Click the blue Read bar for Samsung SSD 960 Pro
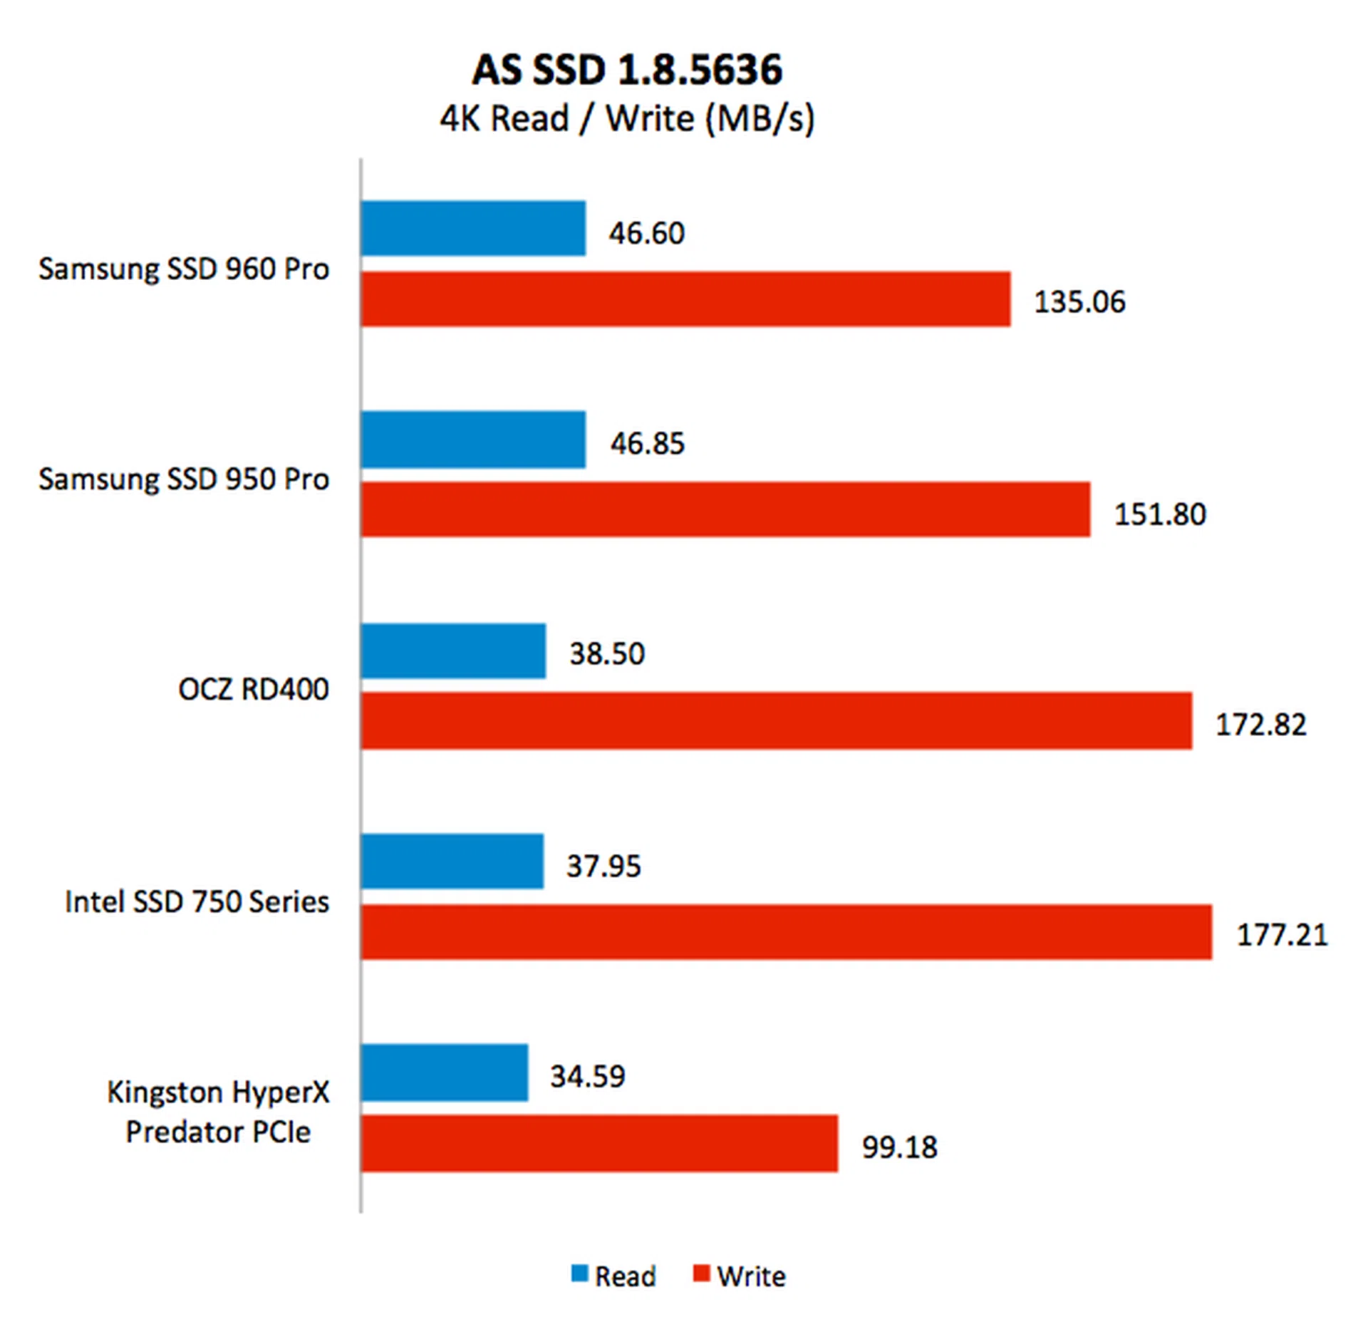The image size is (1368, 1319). (x=473, y=229)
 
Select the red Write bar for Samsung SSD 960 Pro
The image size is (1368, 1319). (x=685, y=299)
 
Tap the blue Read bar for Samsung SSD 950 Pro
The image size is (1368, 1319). (x=473, y=440)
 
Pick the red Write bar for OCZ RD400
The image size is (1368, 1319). (x=776, y=720)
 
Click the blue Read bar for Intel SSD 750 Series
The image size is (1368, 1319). (x=452, y=862)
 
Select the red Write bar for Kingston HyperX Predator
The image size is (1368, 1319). (x=599, y=1143)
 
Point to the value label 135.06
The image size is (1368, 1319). (x=1079, y=302)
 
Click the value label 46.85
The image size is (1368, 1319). (x=647, y=443)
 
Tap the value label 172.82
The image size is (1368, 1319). (x=1260, y=725)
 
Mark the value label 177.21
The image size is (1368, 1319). (x=1282, y=935)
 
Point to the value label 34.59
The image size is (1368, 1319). (x=587, y=1076)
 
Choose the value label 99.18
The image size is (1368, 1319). (x=899, y=1147)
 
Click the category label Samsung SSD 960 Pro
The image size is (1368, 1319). (x=184, y=269)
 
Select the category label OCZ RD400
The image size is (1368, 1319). (x=254, y=689)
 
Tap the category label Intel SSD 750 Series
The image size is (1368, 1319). (x=197, y=901)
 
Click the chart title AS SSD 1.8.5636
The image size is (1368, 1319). (x=627, y=70)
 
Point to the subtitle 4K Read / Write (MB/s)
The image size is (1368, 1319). (x=627, y=118)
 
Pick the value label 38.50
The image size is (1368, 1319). (x=606, y=653)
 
